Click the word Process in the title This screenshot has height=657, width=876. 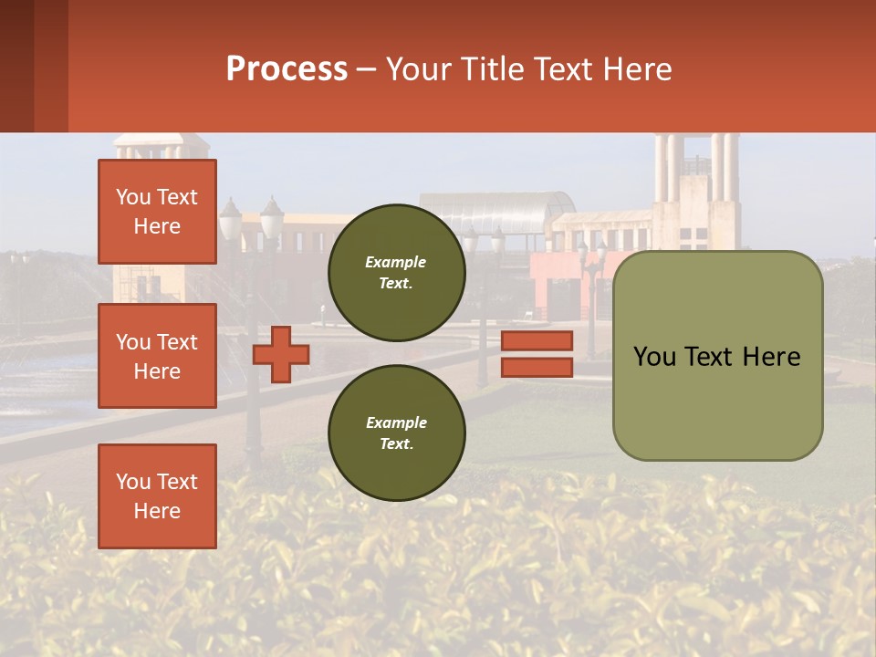287,69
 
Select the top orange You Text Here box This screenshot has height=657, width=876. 157,212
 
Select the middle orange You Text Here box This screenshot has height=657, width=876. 157,356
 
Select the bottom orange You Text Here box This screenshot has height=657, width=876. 157,496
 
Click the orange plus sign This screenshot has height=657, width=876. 281,353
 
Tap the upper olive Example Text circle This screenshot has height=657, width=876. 396,273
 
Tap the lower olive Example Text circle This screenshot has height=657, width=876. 396,433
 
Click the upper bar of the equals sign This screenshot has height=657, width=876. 537,341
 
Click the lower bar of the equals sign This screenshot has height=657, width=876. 537,368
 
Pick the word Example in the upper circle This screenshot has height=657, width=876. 396,263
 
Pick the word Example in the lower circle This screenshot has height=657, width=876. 396,423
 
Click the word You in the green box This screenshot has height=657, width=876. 654,357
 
